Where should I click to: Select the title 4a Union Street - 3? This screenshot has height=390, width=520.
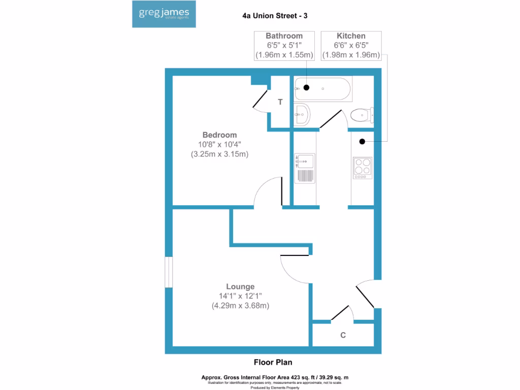[275, 16]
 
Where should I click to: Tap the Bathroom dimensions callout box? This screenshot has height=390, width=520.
[284, 45]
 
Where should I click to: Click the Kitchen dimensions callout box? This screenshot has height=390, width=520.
[351, 45]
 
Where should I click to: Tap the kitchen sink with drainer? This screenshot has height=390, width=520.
[305, 168]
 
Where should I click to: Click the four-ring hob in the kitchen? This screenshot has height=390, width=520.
[362, 167]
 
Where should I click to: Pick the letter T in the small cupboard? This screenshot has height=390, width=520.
[280, 102]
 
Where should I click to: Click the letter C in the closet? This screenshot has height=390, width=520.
[343, 335]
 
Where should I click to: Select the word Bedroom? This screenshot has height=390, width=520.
[219, 135]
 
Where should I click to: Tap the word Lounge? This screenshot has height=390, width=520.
[240, 286]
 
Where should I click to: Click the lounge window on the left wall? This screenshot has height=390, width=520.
[169, 273]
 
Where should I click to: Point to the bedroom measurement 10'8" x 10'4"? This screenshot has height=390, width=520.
[219, 144]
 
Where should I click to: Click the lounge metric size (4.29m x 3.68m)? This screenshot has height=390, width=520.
[240, 306]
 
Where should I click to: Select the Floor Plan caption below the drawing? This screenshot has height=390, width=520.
[273, 362]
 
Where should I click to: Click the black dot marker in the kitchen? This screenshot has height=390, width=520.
[363, 141]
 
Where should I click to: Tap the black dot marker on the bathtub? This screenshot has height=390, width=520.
[306, 88]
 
